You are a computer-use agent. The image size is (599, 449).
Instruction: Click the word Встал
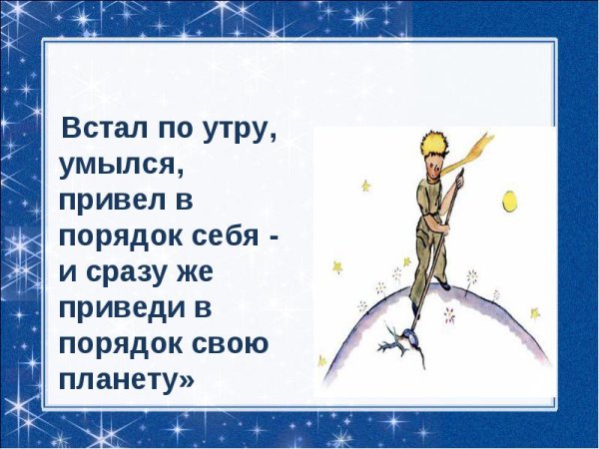coord(99,130)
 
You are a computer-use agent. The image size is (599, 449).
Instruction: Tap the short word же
coord(207,272)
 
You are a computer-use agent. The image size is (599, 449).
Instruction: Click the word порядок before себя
coord(111,237)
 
